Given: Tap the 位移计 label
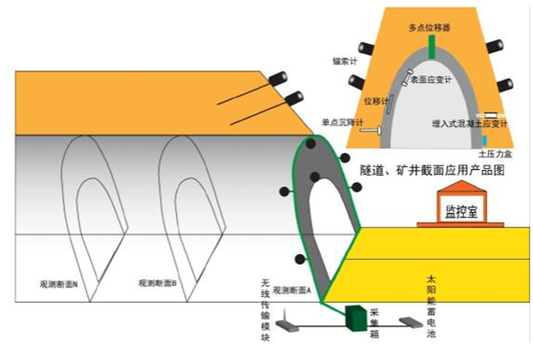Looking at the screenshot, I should [x=377, y=97].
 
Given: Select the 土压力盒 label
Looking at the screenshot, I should [x=494, y=153].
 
